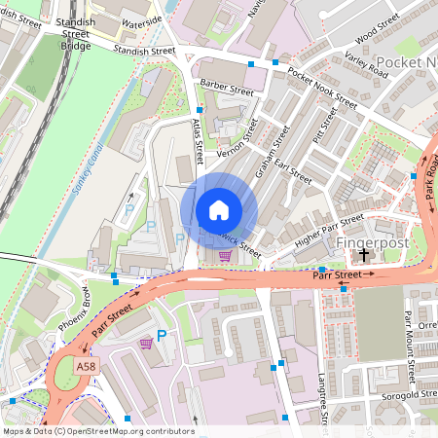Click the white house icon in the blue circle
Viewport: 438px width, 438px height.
coord(219,210)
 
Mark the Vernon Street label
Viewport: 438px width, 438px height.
coord(238,140)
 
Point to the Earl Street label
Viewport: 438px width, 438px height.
coord(295,172)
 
